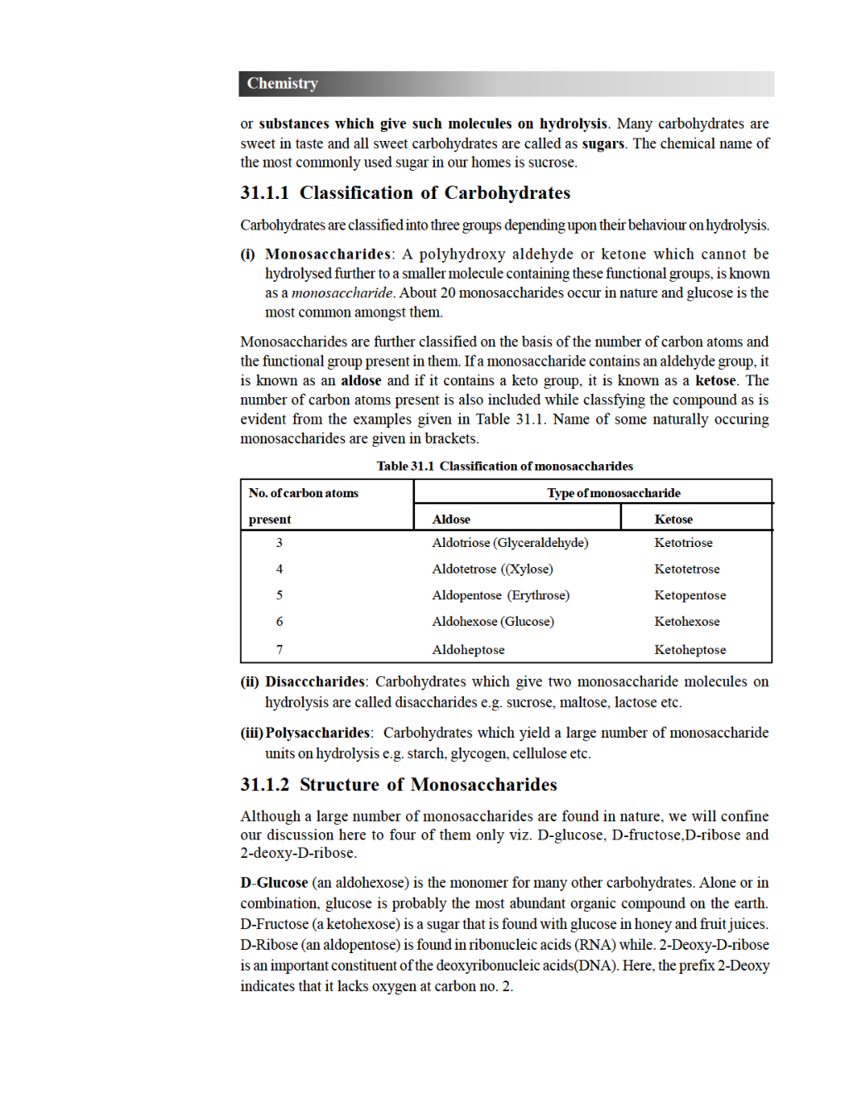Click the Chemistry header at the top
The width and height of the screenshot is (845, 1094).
pos(282,84)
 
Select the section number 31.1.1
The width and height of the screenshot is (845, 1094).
pos(264,193)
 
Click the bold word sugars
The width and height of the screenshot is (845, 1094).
pos(603,143)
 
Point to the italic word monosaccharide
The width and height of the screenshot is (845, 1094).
pos(342,293)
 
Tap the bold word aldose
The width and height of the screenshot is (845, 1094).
pos(361,380)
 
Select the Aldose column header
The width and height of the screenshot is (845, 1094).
pos(451,520)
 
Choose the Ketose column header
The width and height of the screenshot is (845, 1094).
pos(674,520)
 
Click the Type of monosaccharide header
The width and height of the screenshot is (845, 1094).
pos(614,493)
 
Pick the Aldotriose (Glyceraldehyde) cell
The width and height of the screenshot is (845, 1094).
pos(510,543)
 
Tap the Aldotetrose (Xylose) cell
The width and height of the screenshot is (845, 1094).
pos(492,569)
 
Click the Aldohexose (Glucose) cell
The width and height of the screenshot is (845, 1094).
pos(493,622)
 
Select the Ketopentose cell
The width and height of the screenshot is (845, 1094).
pos(690,595)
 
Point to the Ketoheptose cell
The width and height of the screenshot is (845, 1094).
pos(690,650)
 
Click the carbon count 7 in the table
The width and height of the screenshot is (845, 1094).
pos(279,650)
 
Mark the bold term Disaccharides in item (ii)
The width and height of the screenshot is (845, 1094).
pos(315,681)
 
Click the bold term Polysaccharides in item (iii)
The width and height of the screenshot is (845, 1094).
pos(317,733)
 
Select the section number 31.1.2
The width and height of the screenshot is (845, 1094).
pos(264,785)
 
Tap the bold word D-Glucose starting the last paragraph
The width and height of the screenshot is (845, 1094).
pos(274,883)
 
